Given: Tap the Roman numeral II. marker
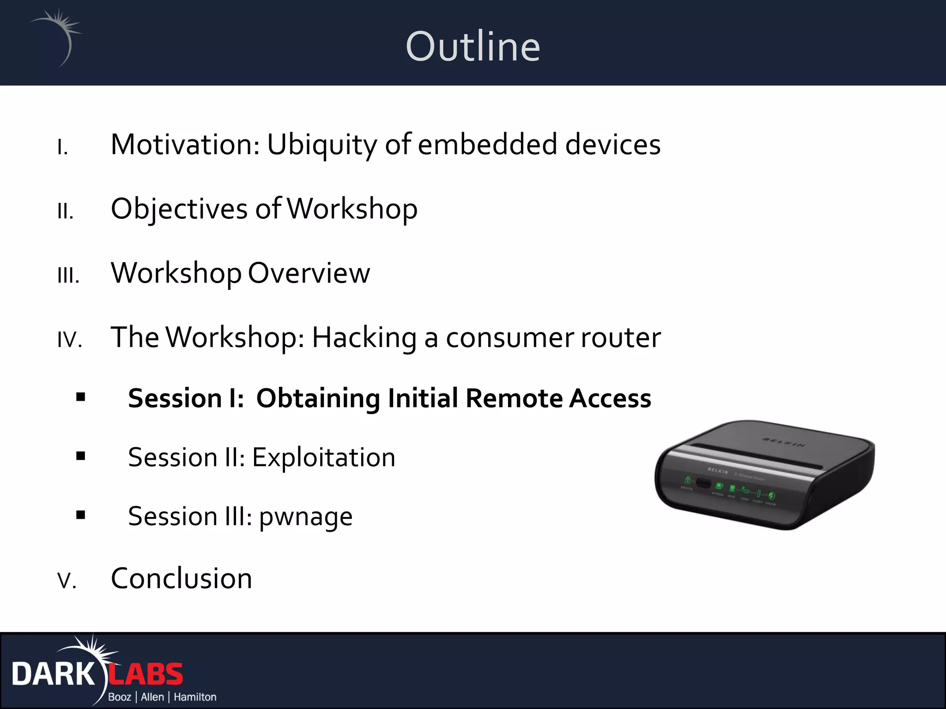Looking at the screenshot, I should (66, 211).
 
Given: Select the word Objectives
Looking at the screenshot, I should (179, 209).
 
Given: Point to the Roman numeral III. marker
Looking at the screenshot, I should (68, 276).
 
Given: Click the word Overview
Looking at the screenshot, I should (309, 273).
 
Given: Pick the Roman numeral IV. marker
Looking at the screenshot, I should (70, 340).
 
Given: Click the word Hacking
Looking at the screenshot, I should (364, 338).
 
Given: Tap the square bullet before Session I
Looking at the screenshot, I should (81, 397).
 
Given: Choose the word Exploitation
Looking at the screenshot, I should (323, 457).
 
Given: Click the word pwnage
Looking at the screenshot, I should (305, 517).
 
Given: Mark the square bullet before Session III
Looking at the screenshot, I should (81, 515).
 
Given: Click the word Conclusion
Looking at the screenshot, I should (182, 578).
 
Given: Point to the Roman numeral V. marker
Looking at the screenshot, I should (67, 581).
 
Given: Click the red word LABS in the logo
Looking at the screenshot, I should (146, 674).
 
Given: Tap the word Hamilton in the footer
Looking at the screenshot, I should (195, 697).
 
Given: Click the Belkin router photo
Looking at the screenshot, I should (764, 475).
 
